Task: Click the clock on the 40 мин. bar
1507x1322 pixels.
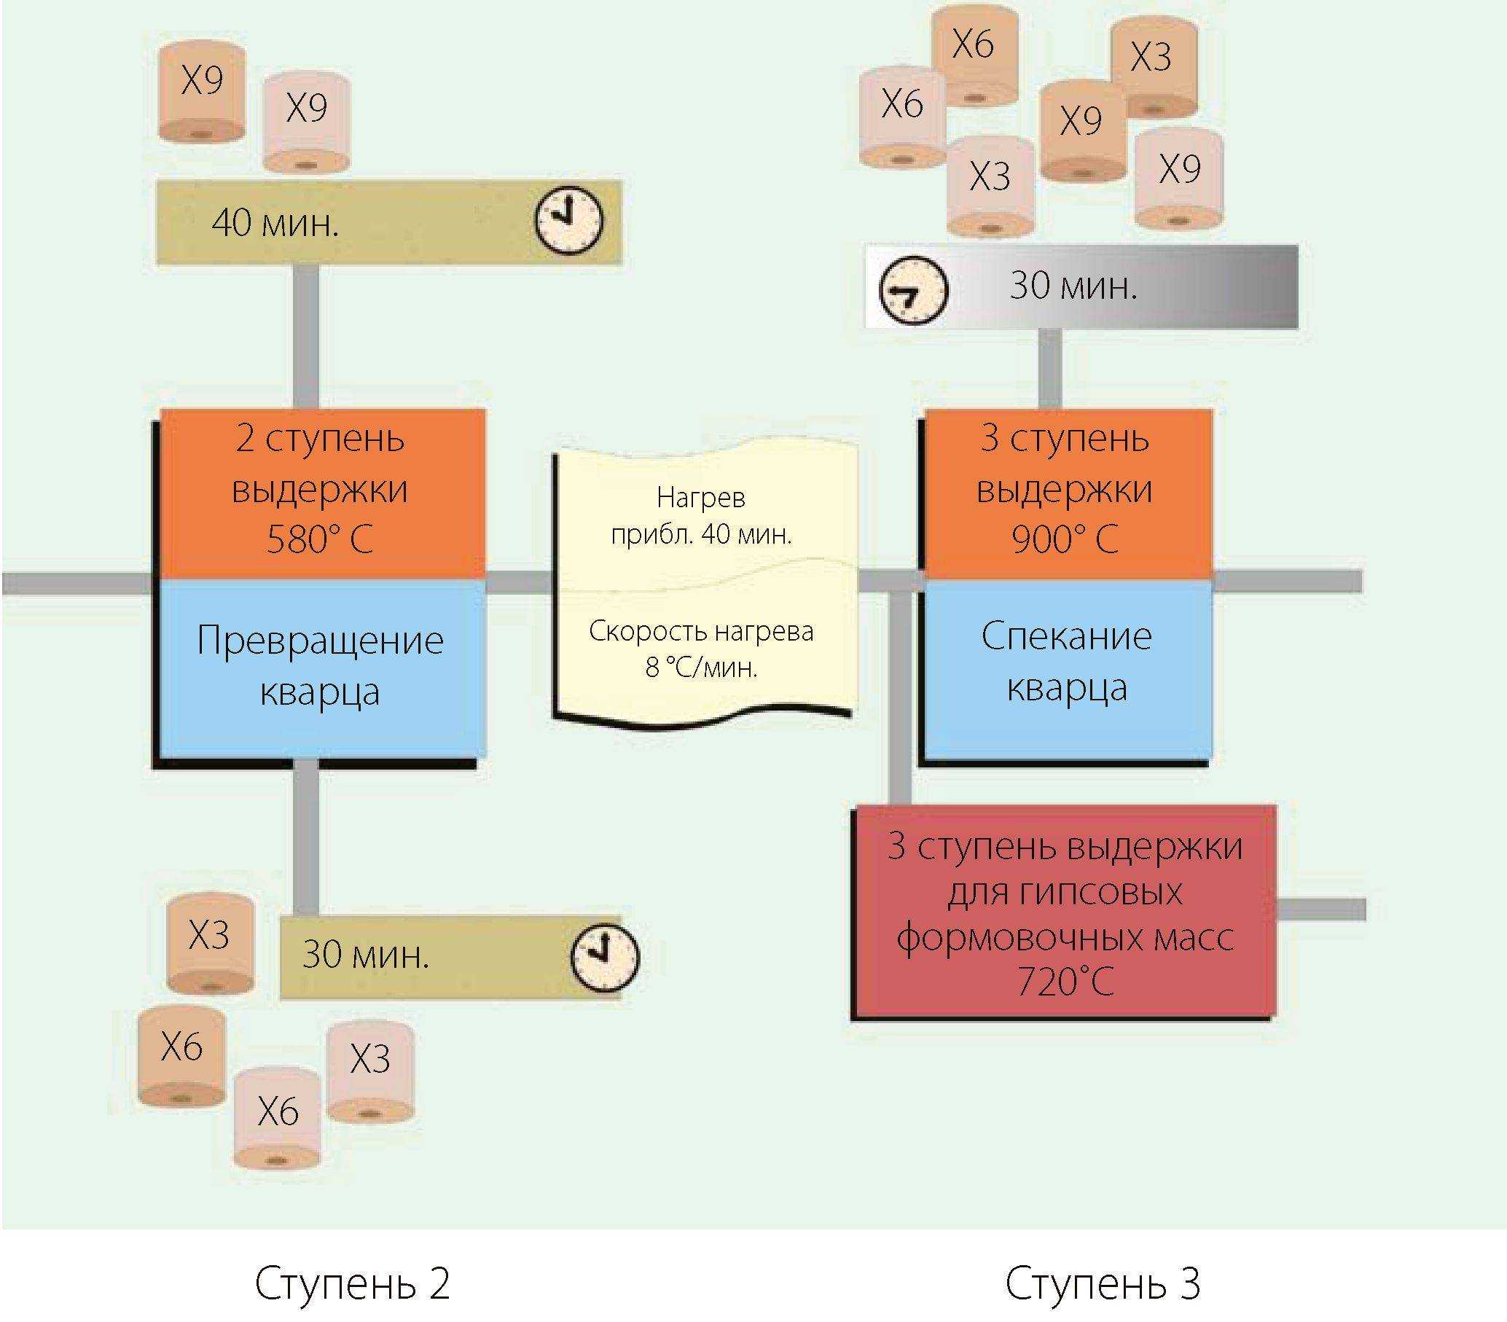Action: pyautogui.click(x=568, y=219)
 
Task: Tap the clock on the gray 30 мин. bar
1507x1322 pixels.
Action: pyautogui.click(x=915, y=289)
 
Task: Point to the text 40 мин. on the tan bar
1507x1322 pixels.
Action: pyautogui.click(x=275, y=223)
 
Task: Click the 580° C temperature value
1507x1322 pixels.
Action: pyautogui.click(x=319, y=540)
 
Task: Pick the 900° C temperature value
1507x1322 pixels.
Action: pyautogui.click(x=1065, y=540)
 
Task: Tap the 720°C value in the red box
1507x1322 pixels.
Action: pyautogui.click(x=1065, y=982)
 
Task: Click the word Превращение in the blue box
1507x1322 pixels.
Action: pyautogui.click(x=320, y=641)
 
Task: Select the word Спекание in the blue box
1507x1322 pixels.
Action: pyautogui.click(x=1066, y=636)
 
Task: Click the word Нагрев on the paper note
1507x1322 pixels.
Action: pyautogui.click(x=700, y=498)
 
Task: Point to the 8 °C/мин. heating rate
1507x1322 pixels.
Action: pyautogui.click(x=701, y=668)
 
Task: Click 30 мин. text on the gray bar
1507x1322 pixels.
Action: pyautogui.click(x=1073, y=286)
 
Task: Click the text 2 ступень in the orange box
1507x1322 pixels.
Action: pyautogui.click(x=320, y=439)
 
